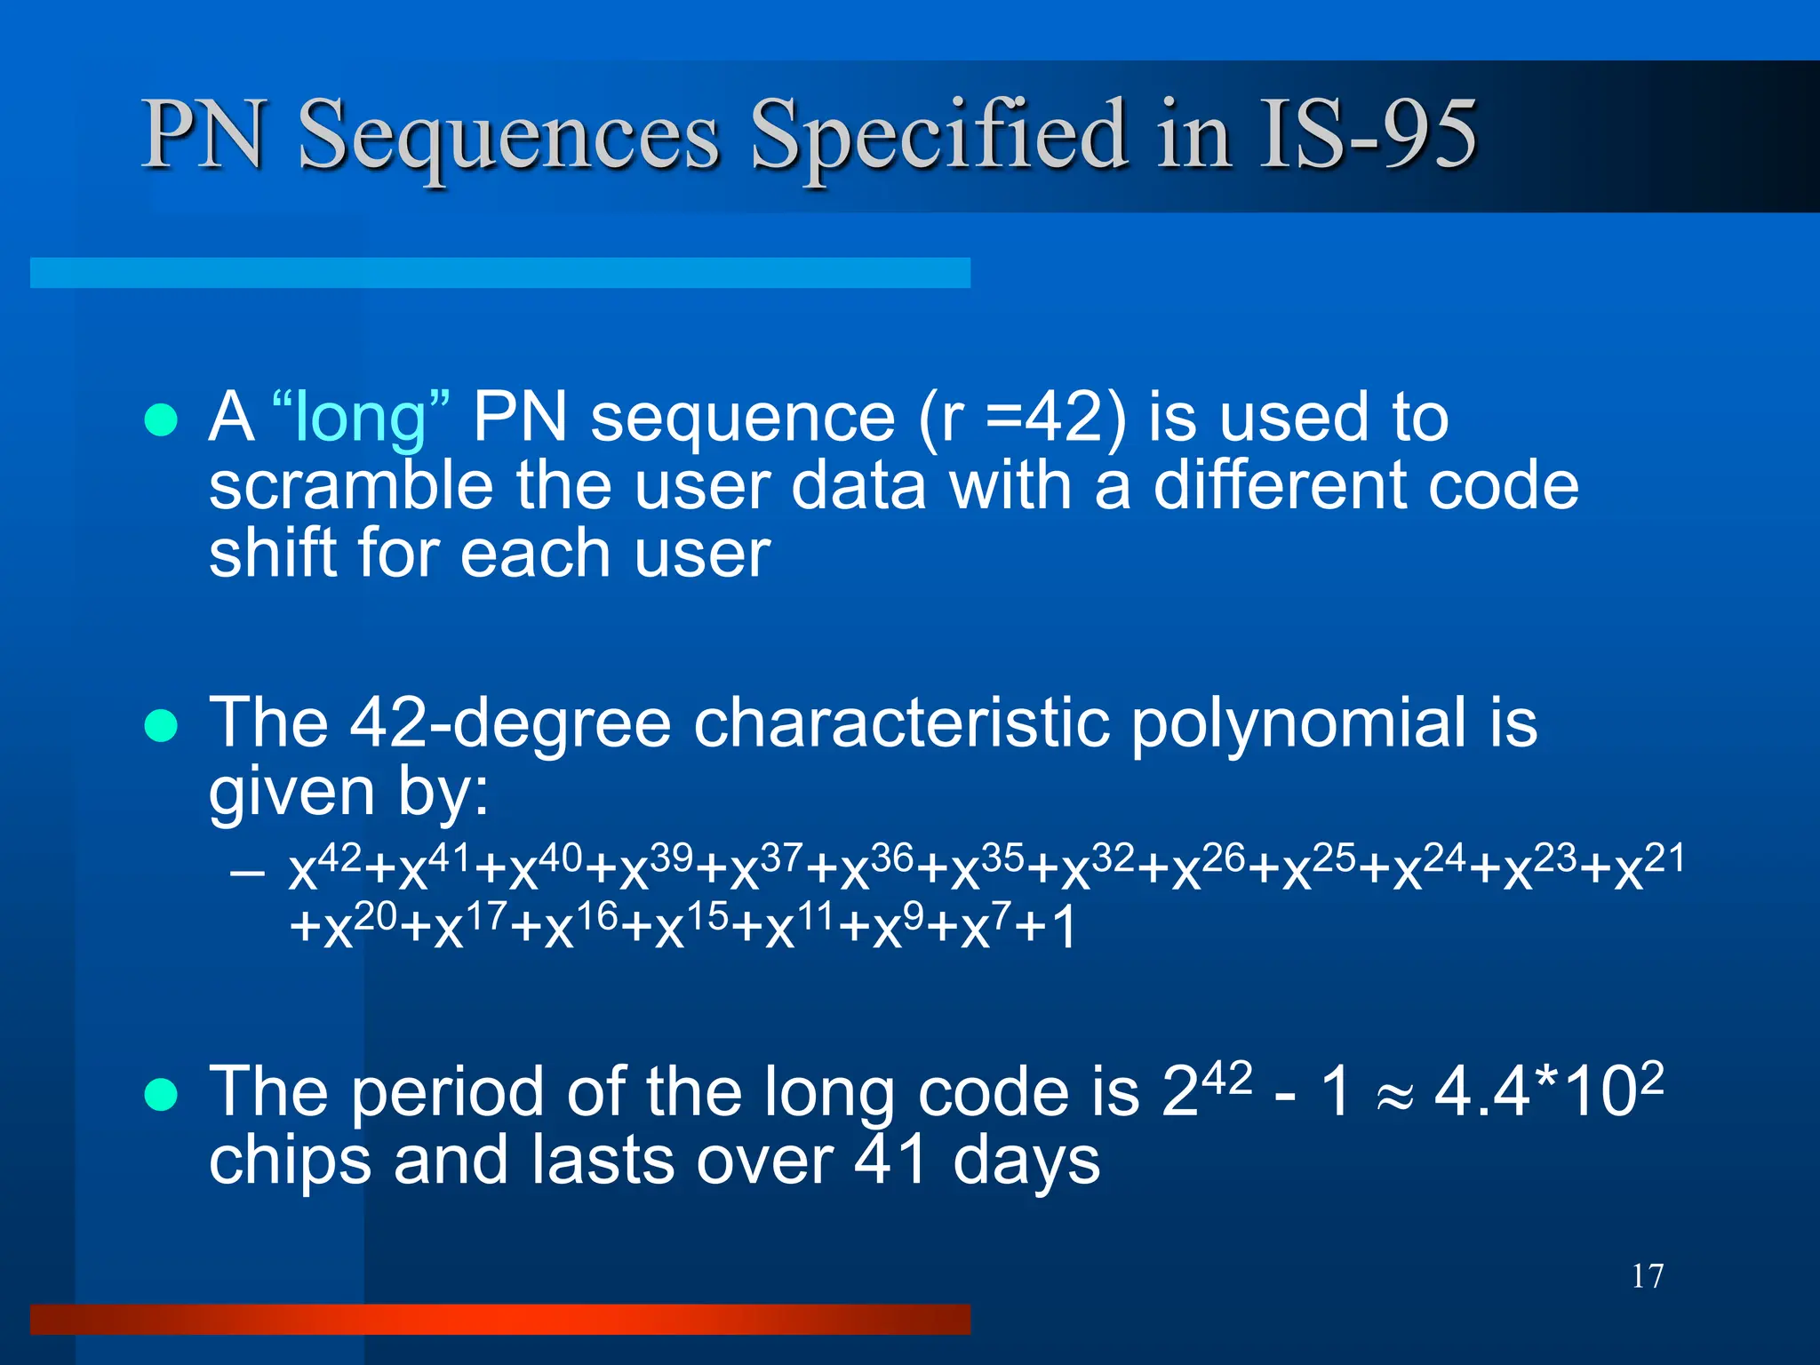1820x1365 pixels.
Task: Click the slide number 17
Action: [x=1647, y=1276]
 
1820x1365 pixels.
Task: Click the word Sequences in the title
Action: [x=507, y=135]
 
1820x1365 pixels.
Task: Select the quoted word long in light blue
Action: [x=361, y=417]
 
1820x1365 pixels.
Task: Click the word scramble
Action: [x=350, y=486]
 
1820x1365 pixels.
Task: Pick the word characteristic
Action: [x=901, y=722]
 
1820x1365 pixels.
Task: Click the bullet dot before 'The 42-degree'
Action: [x=161, y=725]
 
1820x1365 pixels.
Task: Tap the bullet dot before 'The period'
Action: [x=161, y=1095]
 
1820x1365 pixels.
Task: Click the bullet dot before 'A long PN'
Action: [x=161, y=419]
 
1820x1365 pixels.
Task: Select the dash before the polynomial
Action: [x=246, y=873]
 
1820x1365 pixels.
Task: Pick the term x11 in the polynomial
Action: [x=796, y=926]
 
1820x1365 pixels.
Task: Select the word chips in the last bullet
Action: [x=290, y=1161]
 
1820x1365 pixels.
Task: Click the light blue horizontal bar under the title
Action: [x=499, y=273]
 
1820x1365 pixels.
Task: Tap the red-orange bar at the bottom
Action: [x=499, y=1319]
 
